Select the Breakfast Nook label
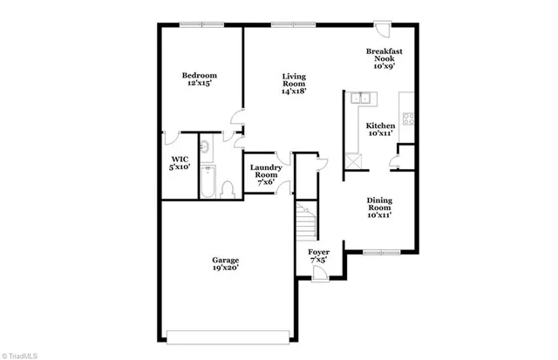click(383, 59)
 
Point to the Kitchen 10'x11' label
click(380, 130)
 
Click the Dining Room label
click(379, 207)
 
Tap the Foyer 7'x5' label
click(319, 257)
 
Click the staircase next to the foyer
click(305, 222)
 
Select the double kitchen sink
click(361, 99)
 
